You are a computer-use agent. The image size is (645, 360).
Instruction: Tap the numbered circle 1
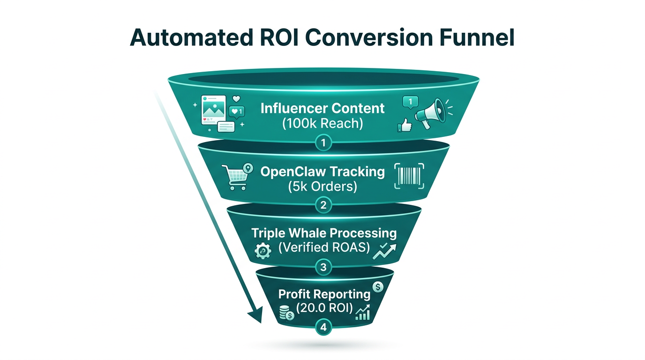(323, 142)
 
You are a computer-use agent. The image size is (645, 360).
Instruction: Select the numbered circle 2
(323, 205)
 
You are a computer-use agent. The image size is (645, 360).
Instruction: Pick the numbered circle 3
(323, 268)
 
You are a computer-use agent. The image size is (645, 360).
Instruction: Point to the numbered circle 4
(323, 328)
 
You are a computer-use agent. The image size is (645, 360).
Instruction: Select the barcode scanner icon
(409, 177)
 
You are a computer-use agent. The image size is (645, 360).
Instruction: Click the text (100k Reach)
(322, 124)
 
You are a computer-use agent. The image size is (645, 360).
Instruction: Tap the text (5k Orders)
(322, 186)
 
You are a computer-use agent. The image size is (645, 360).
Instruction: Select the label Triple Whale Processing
(323, 233)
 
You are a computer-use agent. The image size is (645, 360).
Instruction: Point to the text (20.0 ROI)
(324, 309)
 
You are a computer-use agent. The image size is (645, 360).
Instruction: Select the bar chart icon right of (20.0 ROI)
(363, 312)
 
